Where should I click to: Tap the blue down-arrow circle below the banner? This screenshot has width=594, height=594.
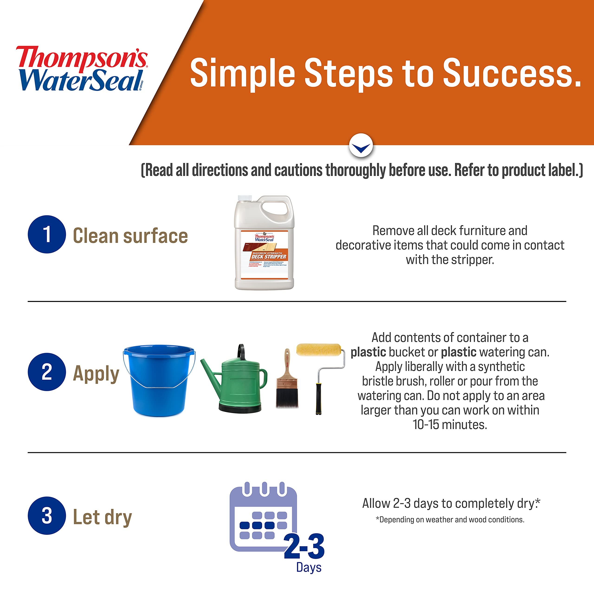coord(361,145)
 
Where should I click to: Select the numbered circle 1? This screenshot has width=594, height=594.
coord(47,234)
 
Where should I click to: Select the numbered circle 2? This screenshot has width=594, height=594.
coord(47,372)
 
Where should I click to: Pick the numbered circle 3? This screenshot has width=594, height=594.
coord(47,516)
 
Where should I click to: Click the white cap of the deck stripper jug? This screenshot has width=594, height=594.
coord(245,199)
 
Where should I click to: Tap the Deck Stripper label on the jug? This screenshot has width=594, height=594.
coord(269,256)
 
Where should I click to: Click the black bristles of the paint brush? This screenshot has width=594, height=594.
coord(287,398)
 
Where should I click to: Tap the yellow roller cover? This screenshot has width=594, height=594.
coord(319,350)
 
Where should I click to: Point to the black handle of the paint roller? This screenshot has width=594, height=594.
coord(319,398)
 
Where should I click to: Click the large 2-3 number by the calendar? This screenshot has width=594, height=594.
coord(304,547)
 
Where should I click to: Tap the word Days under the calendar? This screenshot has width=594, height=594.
coord(309,567)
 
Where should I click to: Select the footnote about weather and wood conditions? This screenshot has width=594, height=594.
coord(450,519)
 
